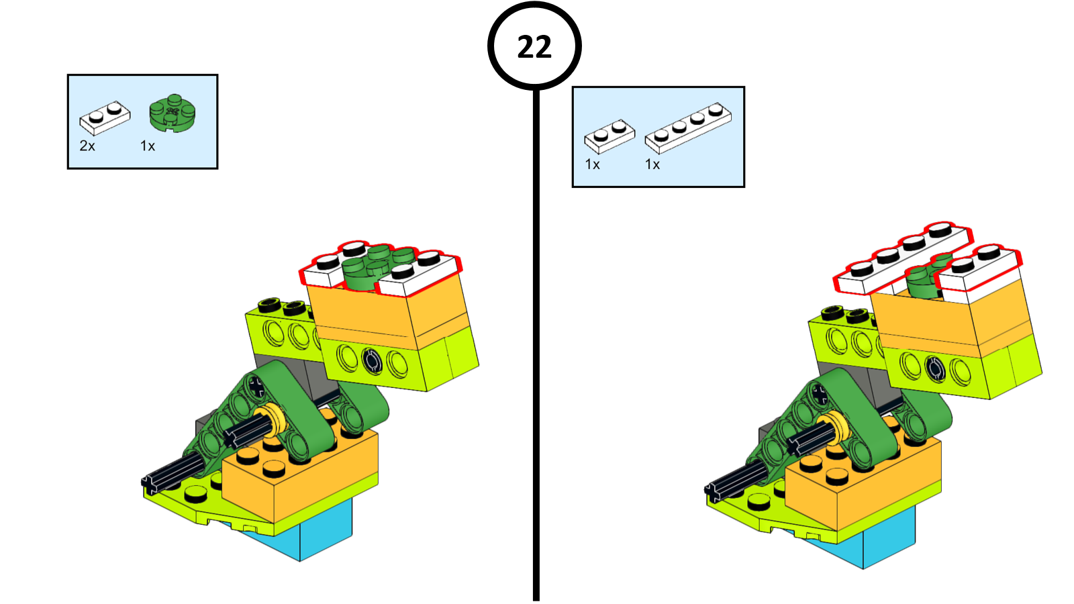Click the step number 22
(x=534, y=47)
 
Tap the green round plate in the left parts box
(x=173, y=113)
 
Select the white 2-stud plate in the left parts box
(x=105, y=117)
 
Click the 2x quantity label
(x=87, y=146)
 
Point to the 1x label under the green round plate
(x=148, y=146)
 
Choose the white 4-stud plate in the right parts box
(x=688, y=128)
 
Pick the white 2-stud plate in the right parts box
(x=609, y=136)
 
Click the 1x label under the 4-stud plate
(x=652, y=164)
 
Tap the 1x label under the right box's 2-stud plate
(x=593, y=164)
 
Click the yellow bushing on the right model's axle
(x=836, y=427)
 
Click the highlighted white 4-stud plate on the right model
(x=904, y=259)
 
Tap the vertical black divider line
(x=536, y=345)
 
